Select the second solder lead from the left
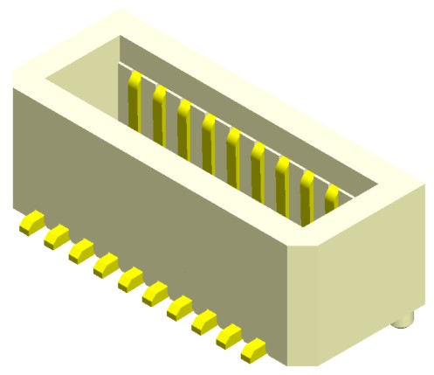(x=56, y=234)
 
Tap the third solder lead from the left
(x=80, y=249)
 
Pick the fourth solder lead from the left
(x=106, y=262)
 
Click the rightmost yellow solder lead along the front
(x=254, y=351)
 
